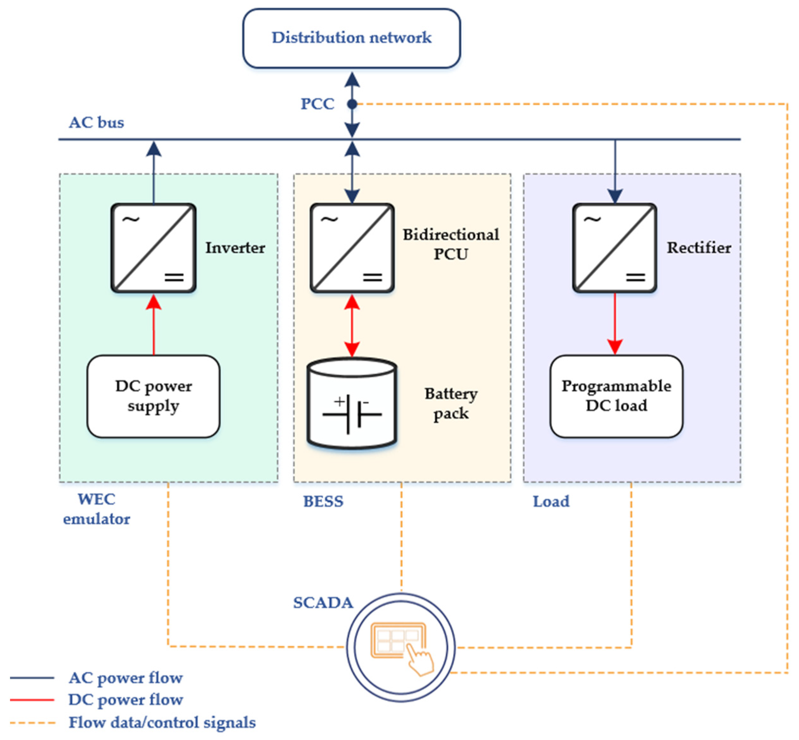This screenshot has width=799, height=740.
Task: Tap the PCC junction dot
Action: point(352,104)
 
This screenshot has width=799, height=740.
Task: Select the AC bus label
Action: point(97,122)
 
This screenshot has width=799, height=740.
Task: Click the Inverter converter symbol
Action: point(153,248)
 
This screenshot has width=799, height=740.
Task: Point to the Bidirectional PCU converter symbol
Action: point(352,248)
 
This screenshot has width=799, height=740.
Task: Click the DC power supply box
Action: point(153,396)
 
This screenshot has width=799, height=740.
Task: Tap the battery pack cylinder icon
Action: point(352,403)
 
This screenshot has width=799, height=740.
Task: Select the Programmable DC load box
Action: point(616,396)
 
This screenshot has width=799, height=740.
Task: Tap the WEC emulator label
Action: point(97,509)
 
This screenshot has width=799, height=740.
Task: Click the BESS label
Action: point(323,501)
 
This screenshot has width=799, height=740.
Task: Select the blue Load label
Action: point(551,501)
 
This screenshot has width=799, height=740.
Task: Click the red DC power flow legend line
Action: point(32,700)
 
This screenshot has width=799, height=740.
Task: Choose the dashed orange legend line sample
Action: point(32,723)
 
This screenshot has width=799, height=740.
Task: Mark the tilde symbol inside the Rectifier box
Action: point(592,219)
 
